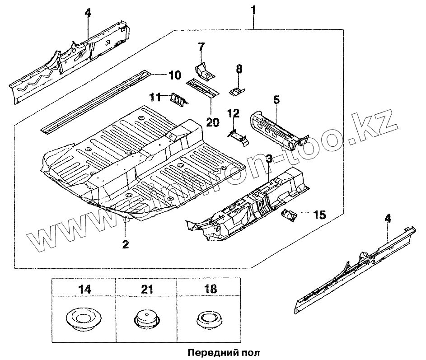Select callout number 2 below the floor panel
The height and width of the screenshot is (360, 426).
(126, 244)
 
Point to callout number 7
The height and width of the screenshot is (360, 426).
(201, 47)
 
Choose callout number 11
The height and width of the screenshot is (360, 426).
(156, 97)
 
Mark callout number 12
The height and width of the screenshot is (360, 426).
(233, 113)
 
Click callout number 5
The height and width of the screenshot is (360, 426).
(276, 100)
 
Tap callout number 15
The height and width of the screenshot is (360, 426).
(319, 215)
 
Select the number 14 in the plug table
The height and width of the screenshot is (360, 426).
(84, 288)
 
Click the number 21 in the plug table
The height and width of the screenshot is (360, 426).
(148, 288)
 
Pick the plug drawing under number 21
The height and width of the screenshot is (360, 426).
(148, 319)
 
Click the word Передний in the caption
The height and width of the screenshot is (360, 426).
(205, 351)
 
